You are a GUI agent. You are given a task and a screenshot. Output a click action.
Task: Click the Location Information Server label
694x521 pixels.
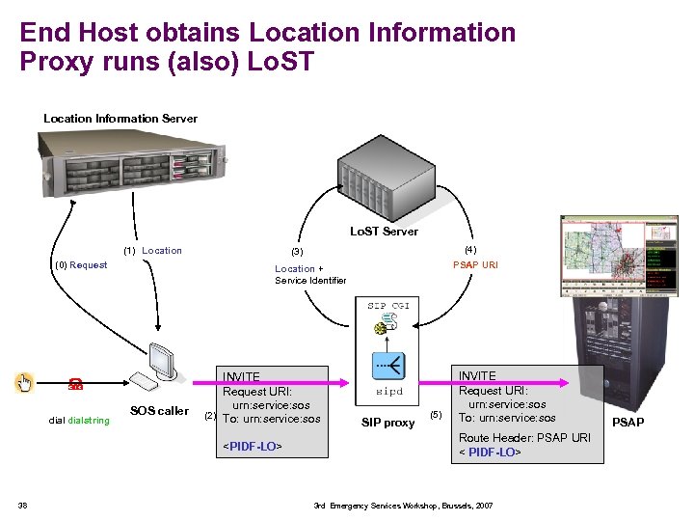click(120, 119)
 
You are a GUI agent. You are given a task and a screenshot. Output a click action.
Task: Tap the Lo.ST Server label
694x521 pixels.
click(384, 232)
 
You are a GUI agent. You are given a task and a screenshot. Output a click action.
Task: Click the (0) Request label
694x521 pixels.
click(81, 265)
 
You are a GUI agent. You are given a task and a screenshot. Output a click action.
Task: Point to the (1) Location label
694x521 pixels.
click(152, 251)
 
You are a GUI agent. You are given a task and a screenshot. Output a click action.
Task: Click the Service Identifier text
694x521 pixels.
click(310, 281)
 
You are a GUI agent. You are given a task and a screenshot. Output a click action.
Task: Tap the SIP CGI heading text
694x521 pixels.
click(389, 306)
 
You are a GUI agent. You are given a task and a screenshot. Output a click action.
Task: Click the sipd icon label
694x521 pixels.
click(389, 393)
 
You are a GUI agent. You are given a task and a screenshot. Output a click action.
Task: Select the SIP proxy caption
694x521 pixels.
click(387, 423)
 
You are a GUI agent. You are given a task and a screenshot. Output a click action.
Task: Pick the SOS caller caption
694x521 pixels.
click(159, 411)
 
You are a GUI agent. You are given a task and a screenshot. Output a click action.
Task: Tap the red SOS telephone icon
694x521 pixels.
click(73, 384)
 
